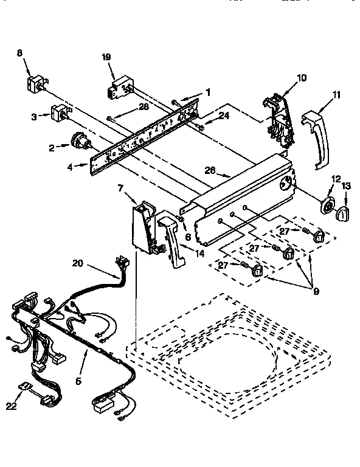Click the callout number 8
[x=20, y=54]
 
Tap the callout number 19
[x=106, y=57]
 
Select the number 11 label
[x=336, y=94]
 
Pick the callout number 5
[x=78, y=381]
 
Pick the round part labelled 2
[x=78, y=142]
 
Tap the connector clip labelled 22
[x=26, y=387]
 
